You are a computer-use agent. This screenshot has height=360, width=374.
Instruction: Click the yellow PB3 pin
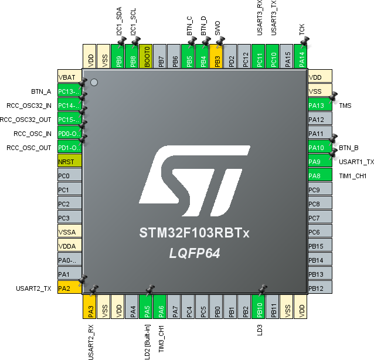click(216, 56)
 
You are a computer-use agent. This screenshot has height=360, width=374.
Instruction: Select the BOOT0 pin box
click(146, 56)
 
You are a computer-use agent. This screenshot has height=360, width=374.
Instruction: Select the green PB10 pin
click(259, 307)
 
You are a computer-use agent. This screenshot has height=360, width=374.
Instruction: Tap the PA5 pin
click(146, 307)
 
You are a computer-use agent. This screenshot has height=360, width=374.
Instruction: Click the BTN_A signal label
click(41, 91)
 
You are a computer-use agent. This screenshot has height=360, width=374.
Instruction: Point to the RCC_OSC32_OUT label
click(25, 120)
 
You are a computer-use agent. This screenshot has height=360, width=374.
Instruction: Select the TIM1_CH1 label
click(353, 176)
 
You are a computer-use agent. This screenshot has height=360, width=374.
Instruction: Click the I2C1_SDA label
click(119, 21)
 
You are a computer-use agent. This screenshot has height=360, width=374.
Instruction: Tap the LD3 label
click(260, 330)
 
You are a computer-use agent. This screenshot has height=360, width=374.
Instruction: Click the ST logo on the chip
click(195, 181)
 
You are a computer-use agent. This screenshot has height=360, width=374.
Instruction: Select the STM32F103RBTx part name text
click(195, 233)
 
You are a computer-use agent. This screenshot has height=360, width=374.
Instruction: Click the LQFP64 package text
click(195, 253)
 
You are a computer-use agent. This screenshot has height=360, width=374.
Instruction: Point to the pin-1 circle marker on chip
click(94, 83)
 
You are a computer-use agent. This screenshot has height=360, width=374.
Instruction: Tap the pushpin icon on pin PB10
click(263, 289)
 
